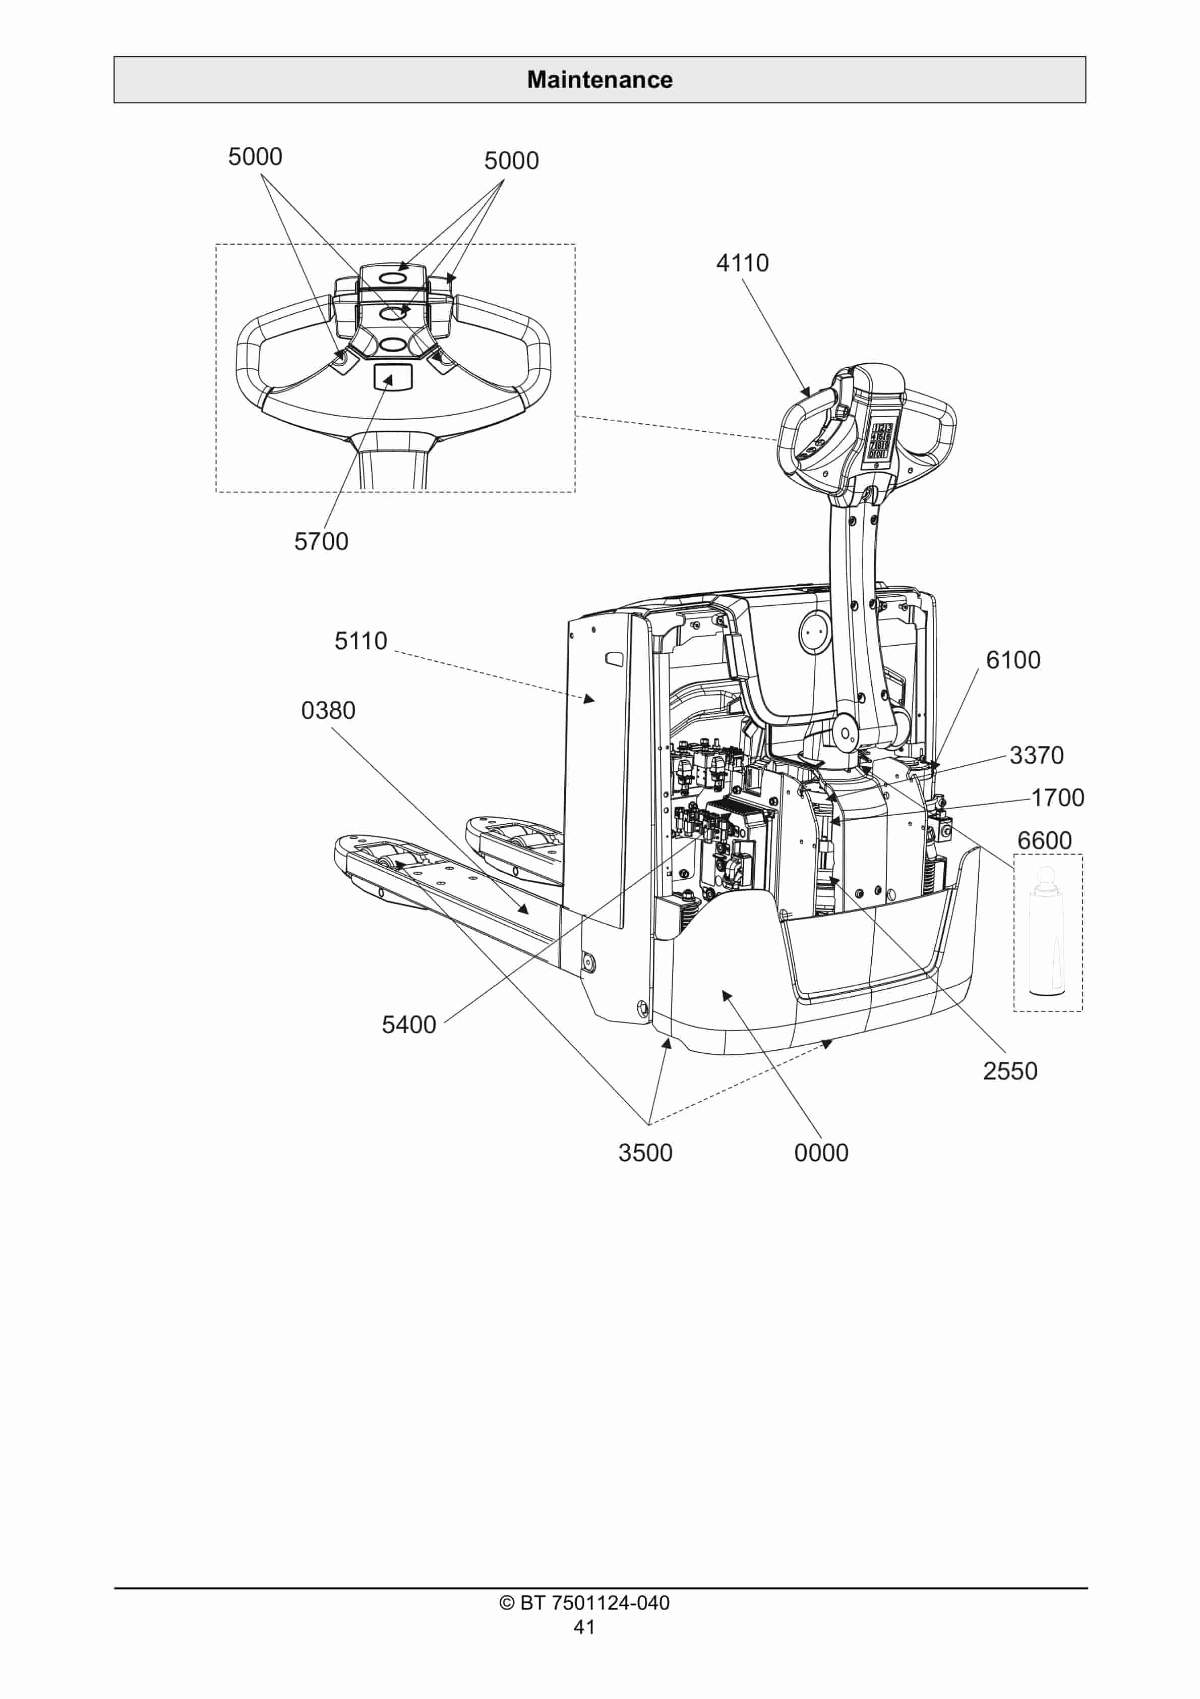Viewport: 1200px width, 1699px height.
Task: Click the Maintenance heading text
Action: point(599,80)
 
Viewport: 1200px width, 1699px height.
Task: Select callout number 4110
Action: point(742,263)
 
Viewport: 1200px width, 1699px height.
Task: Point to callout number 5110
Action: point(361,641)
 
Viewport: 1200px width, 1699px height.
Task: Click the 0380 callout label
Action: point(328,710)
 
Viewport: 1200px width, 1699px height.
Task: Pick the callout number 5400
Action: point(408,1025)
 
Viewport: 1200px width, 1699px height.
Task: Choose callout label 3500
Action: point(645,1153)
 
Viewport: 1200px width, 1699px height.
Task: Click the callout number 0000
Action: point(821,1153)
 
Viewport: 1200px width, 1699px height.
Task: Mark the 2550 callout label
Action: point(1010,1071)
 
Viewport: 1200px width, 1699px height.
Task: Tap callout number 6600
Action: point(1044,840)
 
